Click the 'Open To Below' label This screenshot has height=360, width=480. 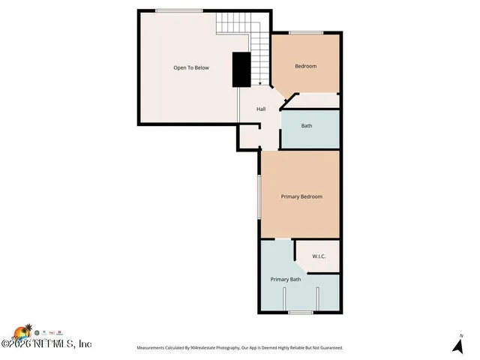[191, 67]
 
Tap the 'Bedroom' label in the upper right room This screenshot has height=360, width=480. [305, 66]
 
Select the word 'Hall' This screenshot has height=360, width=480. [261, 109]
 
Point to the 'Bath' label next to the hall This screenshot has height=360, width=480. [307, 126]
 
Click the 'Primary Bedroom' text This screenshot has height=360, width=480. [301, 196]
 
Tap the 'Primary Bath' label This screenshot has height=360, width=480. [286, 280]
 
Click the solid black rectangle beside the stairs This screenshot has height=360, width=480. [241, 70]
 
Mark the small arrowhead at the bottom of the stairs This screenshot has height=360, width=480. [259, 84]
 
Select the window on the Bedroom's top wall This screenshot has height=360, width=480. [307, 32]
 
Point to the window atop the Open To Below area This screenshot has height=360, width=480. [178, 10]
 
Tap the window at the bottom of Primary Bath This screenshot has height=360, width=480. [301, 312]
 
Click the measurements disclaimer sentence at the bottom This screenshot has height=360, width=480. [239, 348]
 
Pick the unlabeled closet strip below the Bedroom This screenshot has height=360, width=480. [319, 100]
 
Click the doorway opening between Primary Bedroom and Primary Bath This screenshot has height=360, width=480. [277, 239]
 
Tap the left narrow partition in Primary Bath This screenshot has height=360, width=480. [283, 298]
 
